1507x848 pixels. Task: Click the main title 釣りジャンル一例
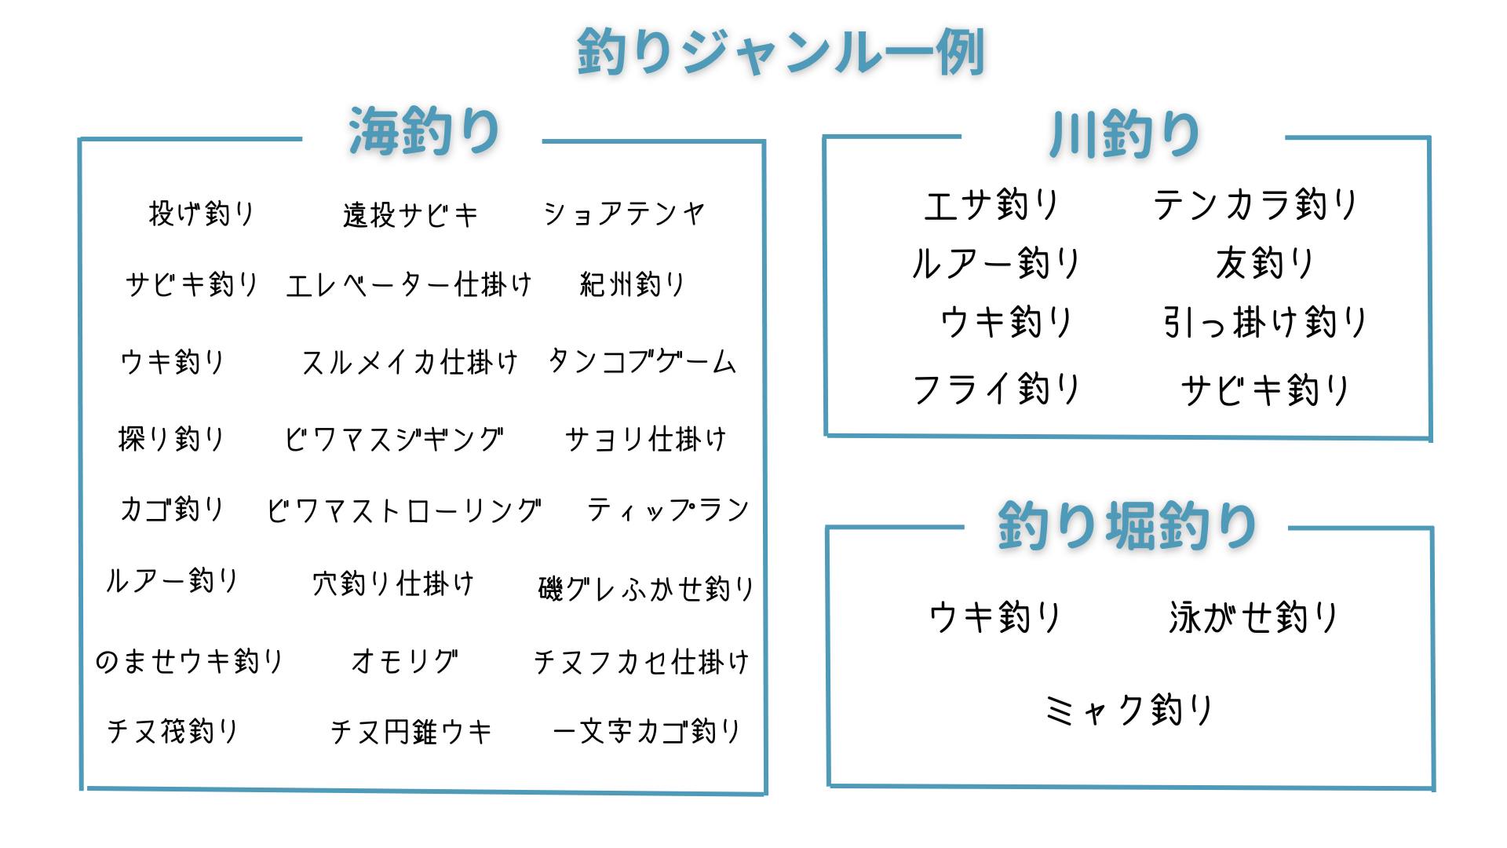coord(780,52)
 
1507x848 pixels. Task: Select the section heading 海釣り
coord(424,131)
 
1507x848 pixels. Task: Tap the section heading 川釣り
coord(1124,134)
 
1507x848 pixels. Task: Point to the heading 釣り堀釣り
coord(1127,525)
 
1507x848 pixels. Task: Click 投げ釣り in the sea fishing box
coord(202,213)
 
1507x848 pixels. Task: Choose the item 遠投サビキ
coord(410,214)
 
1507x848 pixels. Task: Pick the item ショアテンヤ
coord(624,213)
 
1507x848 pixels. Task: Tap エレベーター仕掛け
coord(409,284)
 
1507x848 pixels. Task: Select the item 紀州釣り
coord(633,284)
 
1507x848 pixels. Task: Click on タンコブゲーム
coord(642,362)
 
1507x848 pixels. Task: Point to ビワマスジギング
coord(393,439)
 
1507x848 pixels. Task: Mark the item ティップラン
coord(668,510)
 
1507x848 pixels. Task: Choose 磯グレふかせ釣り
coord(646,588)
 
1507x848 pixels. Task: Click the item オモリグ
coord(404,661)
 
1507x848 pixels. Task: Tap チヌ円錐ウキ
coord(411,732)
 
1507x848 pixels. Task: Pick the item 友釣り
coord(1264,263)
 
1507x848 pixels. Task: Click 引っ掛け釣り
coord(1264,322)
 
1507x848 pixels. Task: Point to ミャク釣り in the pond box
coord(1129,710)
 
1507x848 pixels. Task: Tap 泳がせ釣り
coord(1253,617)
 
